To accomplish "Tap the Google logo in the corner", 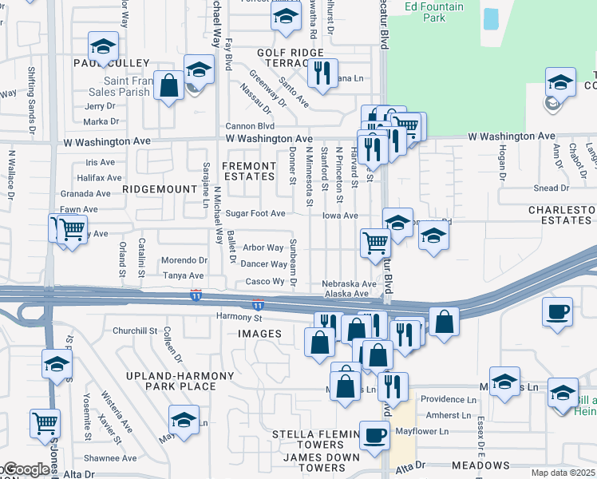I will [x=26, y=469].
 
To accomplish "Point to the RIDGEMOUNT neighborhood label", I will [x=160, y=189].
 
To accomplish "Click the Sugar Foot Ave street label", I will [x=255, y=213].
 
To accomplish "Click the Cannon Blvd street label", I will [x=250, y=126].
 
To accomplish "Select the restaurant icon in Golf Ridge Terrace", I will [x=322, y=73].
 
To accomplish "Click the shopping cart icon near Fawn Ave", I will [x=70, y=229].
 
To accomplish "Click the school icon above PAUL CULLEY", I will [x=103, y=46].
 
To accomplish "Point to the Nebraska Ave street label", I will [x=349, y=283].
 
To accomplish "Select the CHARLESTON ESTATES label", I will [x=562, y=216].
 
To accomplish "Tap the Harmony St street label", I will [x=234, y=317].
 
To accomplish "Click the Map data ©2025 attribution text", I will [x=563, y=473].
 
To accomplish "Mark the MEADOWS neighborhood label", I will [x=480, y=465].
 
